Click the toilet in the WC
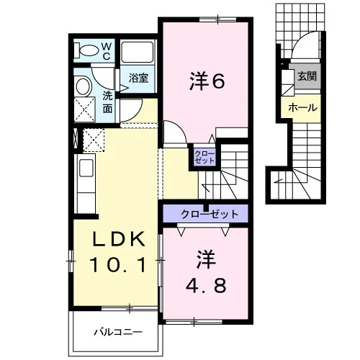(86, 50)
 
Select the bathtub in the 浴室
(137, 52)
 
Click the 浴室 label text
(138, 78)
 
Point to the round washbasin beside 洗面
(84, 86)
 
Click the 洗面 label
(107, 102)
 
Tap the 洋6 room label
(207, 81)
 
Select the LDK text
(120, 239)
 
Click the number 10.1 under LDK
(118, 265)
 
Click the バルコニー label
(118, 333)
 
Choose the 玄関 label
(307, 76)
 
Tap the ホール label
(302, 107)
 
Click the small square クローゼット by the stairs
(204, 157)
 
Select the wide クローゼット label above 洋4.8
(210, 214)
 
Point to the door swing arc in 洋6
(179, 127)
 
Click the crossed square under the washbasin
(85, 109)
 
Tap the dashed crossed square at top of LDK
(94, 140)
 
